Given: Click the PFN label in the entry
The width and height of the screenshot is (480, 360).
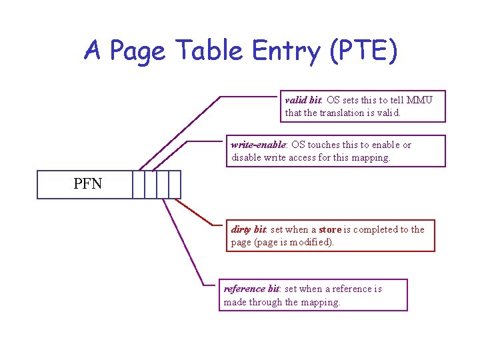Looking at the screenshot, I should [x=88, y=183].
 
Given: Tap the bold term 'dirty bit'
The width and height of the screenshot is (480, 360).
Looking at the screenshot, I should [x=248, y=229].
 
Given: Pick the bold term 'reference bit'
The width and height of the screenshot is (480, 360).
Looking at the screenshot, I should [x=251, y=289].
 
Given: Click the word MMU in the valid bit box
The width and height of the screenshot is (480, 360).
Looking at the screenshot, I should [x=420, y=100].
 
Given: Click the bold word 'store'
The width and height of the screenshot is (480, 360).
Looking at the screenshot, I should [x=330, y=229].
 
